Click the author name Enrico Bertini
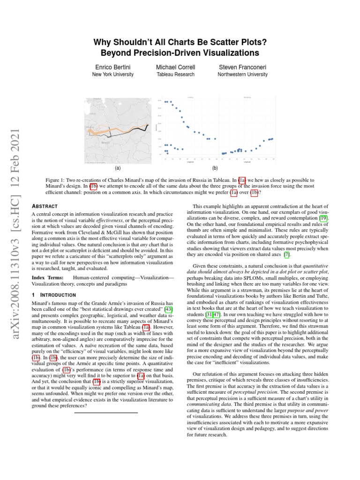pyautogui.click(x=112, y=67)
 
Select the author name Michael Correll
pyautogui.click(x=176, y=67)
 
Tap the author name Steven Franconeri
pyautogui.click(x=242, y=67)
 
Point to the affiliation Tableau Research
pyautogui.click(x=176, y=75)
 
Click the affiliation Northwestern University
pyautogui.click(x=242, y=75)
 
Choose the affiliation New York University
pyautogui.click(x=112, y=75)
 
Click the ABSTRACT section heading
pyautogui.click(x=44, y=206)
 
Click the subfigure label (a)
pyautogui.click(x=117, y=167)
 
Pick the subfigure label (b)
pyautogui.click(x=215, y=167)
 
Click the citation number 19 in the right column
pyautogui.click(x=324, y=218)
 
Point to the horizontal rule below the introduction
pyautogui.click(x=105, y=412)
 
